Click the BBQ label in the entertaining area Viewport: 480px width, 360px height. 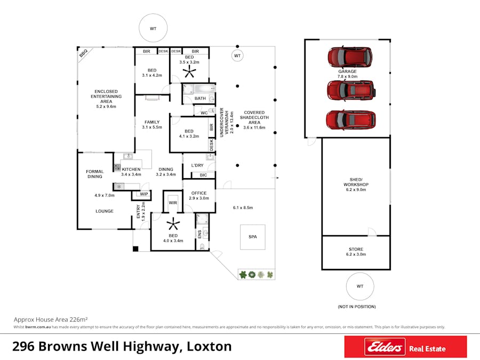tap(83, 53)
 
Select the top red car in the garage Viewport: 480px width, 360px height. tap(349, 55)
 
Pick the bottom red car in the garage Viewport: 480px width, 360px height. tap(350, 119)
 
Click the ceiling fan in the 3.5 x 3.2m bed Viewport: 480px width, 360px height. tap(189, 71)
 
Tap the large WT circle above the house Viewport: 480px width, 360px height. tap(153, 28)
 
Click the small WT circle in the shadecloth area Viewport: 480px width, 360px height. tap(237, 55)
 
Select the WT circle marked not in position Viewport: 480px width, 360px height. tap(360, 287)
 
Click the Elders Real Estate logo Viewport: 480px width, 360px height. tap(405, 347)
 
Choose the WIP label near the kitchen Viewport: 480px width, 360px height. tap(144, 194)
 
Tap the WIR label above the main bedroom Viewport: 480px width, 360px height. tap(173, 203)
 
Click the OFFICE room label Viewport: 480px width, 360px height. tap(198, 193)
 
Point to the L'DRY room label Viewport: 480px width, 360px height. tap(198, 166)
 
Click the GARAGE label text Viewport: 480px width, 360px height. tap(347, 71)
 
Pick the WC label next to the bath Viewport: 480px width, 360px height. tap(204, 113)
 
